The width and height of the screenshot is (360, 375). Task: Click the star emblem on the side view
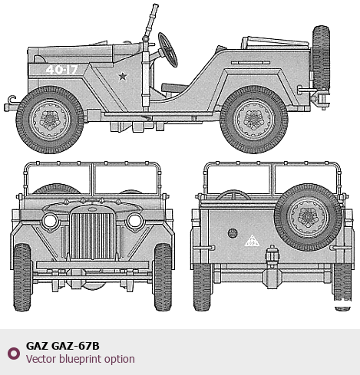click(x=123, y=76)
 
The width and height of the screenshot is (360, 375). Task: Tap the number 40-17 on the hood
click(x=61, y=70)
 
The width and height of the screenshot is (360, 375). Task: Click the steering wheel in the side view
click(x=167, y=50)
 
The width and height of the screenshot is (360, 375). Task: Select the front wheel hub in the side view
click(x=50, y=120)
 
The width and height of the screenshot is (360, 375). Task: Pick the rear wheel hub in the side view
click(x=254, y=120)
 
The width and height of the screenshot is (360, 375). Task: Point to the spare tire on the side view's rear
click(x=321, y=58)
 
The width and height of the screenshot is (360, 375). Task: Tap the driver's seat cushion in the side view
click(x=174, y=87)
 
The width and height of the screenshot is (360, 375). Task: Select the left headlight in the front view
click(x=50, y=221)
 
